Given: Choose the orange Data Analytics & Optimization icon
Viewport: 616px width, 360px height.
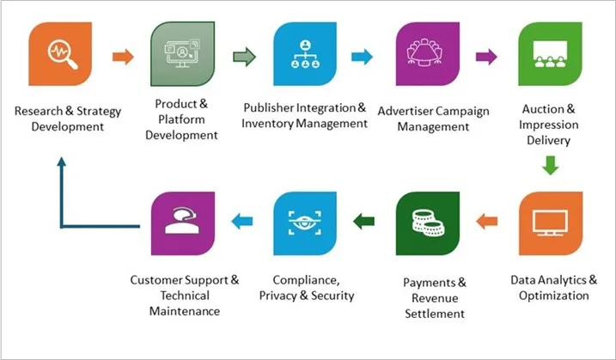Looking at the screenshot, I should click(550, 223).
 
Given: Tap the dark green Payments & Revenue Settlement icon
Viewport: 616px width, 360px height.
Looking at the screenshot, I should click(427, 223).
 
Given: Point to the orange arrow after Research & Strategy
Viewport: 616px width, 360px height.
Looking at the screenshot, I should click(123, 58).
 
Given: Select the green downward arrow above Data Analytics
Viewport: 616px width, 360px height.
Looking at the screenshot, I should click(550, 163).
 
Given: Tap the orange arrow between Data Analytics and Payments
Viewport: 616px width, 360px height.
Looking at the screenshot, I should click(488, 222).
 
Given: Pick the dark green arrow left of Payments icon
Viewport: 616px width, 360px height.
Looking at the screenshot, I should click(365, 222).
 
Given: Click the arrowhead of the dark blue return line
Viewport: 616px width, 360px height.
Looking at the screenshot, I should click(62, 162).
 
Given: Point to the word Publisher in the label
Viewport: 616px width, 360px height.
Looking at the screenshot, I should click(273, 108).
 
